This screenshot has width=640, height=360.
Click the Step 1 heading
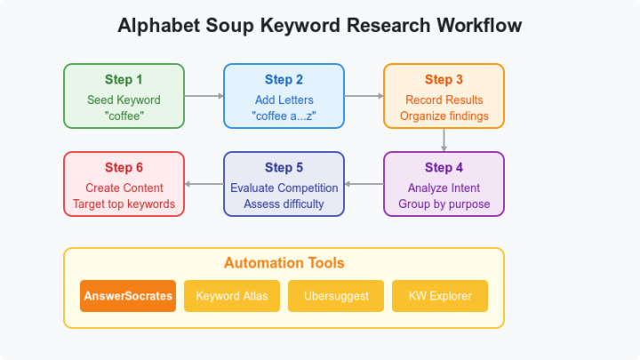[x=124, y=80]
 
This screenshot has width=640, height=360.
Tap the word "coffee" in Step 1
[x=124, y=116]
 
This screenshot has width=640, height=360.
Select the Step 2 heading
[x=284, y=80]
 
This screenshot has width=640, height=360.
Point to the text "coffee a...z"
[x=284, y=116]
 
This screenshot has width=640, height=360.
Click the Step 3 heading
[x=444, y=80]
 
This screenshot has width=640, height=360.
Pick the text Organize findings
[x=444, y=116]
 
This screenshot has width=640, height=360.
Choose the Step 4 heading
[x=444, y=168]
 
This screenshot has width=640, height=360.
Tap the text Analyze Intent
[x=444, y=188]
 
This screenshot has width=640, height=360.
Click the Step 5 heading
[x=284, y=168]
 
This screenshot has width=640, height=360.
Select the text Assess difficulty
[x=284, y=204]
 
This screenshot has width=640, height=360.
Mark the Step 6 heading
[x=124, y=168]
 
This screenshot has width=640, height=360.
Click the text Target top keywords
[x=124, y=204]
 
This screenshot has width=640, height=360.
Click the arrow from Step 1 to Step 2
[x=204, y=95]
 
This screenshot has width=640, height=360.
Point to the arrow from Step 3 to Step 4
[x=444, y=139]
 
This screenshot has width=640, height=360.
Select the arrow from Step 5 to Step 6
[x=204, y=184]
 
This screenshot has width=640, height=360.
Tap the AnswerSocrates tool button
[x=127, y=296]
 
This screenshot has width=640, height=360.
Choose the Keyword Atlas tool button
[x=231, y=296]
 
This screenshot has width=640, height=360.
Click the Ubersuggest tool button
[x=335, y=296]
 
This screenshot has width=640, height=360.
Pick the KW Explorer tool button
[x=439, y=296]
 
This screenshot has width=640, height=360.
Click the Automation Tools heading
[x=284, y=263]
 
